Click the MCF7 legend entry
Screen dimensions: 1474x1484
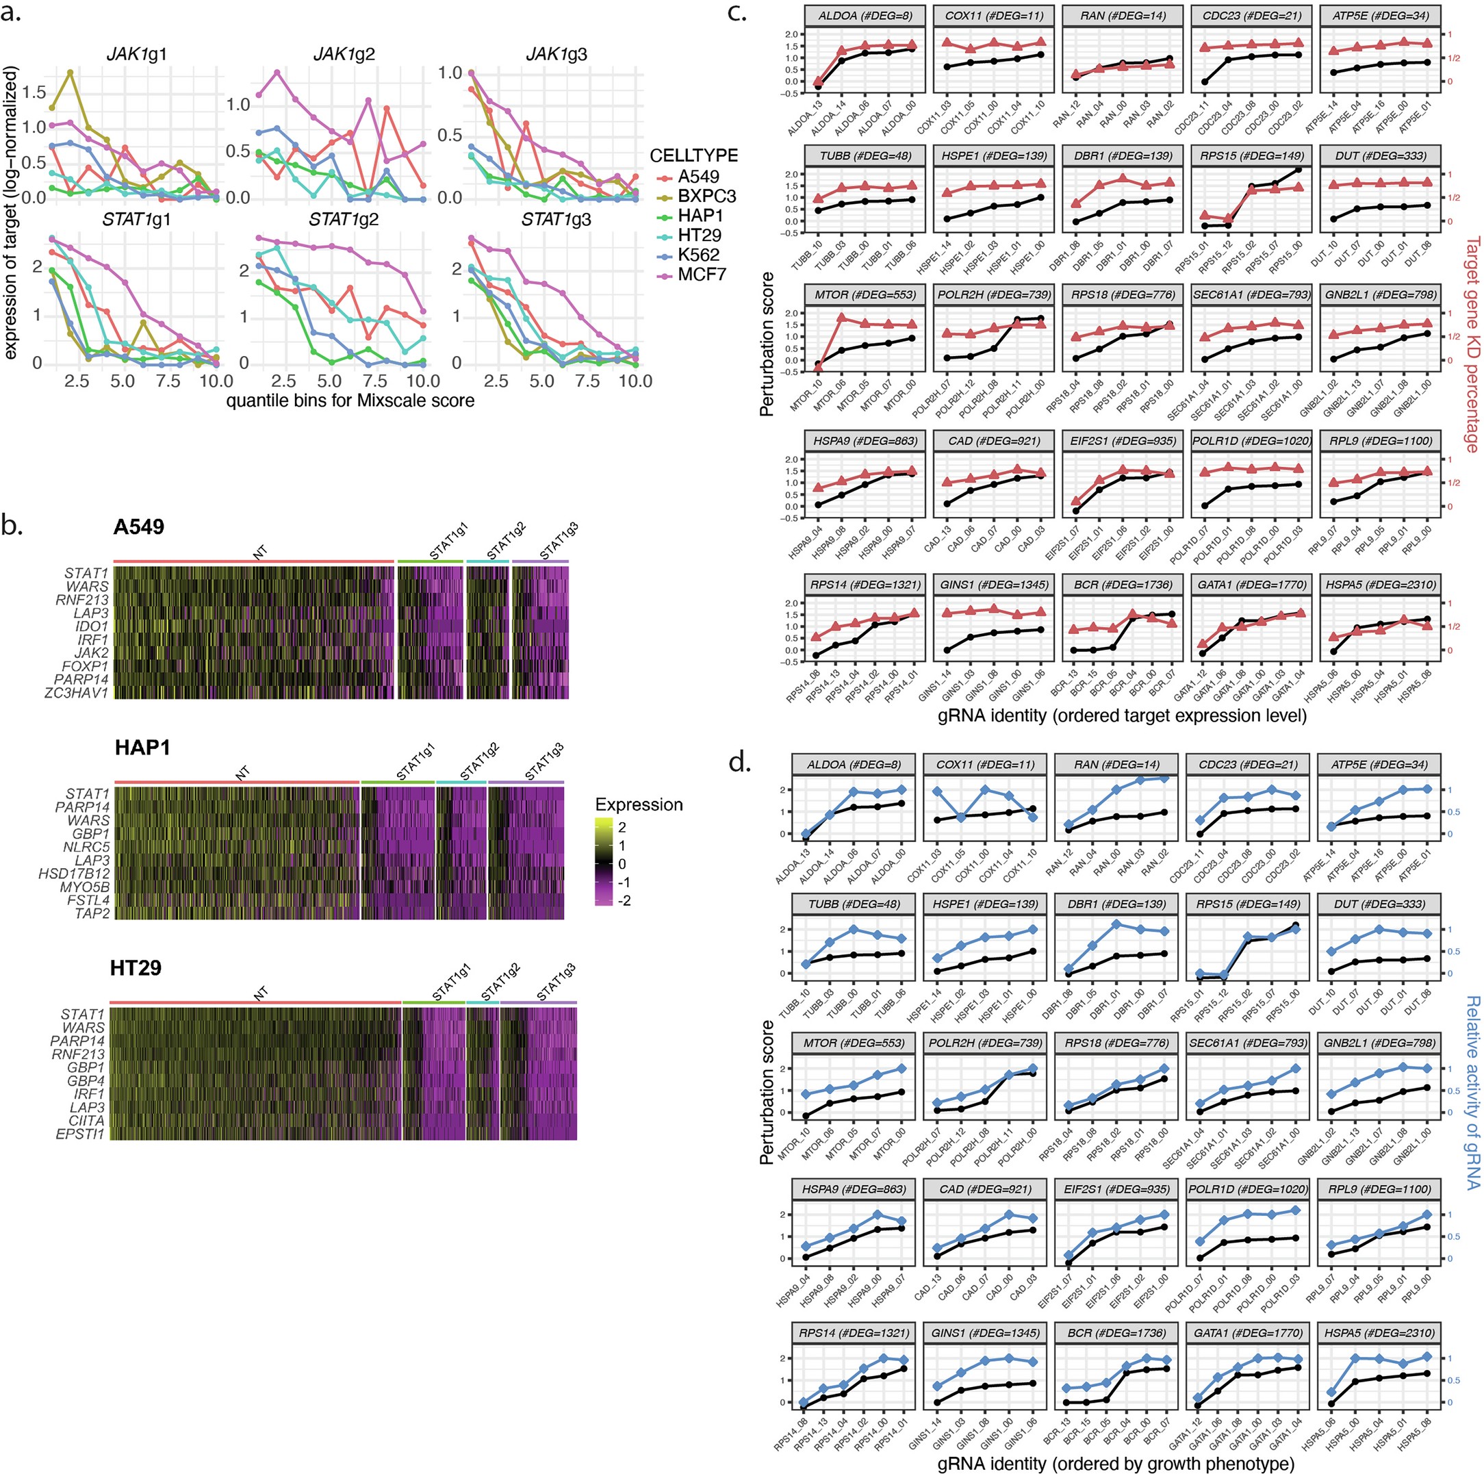pyautogui.click(x=700, y=275)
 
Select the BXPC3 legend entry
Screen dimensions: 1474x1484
pyautogui.click(x=706, y=196)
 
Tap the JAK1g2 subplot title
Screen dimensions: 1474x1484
pyautogui.click(x=344, y=55)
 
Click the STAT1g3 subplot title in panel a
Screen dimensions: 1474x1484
pyautogui.click(x=556, y=220)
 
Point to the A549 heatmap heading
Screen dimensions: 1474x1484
pyautogui.click(x=138, y=527)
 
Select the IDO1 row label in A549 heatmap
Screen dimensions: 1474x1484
pyautogui.click(x=92, y=626)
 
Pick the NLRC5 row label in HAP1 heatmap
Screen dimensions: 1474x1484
pyautogui.click(x=86, y=847)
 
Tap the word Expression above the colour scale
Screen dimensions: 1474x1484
pyautogui.click(x=639, y=804)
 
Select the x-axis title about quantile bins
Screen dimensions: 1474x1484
pyautogui.click(x=350, y=401)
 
